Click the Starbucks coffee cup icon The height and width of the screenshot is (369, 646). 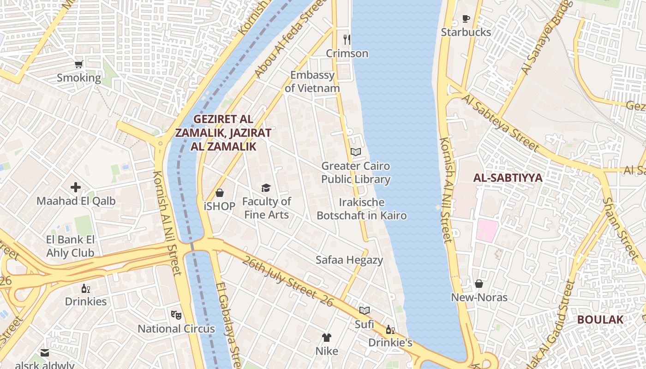pos(466,19)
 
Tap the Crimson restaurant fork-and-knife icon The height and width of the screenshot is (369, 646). pos(347,40)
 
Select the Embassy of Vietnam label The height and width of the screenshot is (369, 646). pos(312,82)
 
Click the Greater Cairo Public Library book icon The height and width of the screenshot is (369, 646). pos(355,152)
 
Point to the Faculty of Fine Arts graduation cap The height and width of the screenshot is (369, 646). pos(266,188)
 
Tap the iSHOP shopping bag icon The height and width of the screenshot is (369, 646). pos(220,193)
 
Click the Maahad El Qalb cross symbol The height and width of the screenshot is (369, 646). pos(76,187)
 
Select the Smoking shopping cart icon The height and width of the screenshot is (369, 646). pos(79,64)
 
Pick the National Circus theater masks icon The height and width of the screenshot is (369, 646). pos(176,315)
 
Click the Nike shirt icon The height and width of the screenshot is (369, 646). pos(327,337)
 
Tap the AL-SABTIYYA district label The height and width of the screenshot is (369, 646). pos(508,178)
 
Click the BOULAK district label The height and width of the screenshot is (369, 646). pos(600,320)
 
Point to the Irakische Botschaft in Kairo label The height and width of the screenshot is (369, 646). pos(362,209)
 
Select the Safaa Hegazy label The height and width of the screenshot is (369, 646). pos(349,260)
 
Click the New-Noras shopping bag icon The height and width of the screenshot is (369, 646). pos(479,284)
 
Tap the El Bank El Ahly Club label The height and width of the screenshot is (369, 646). pos(70,246)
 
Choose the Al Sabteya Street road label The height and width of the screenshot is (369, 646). pos(500,123)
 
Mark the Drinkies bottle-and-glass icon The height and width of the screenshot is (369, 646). pos(86,288)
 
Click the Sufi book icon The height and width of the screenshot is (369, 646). pos(365,310)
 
